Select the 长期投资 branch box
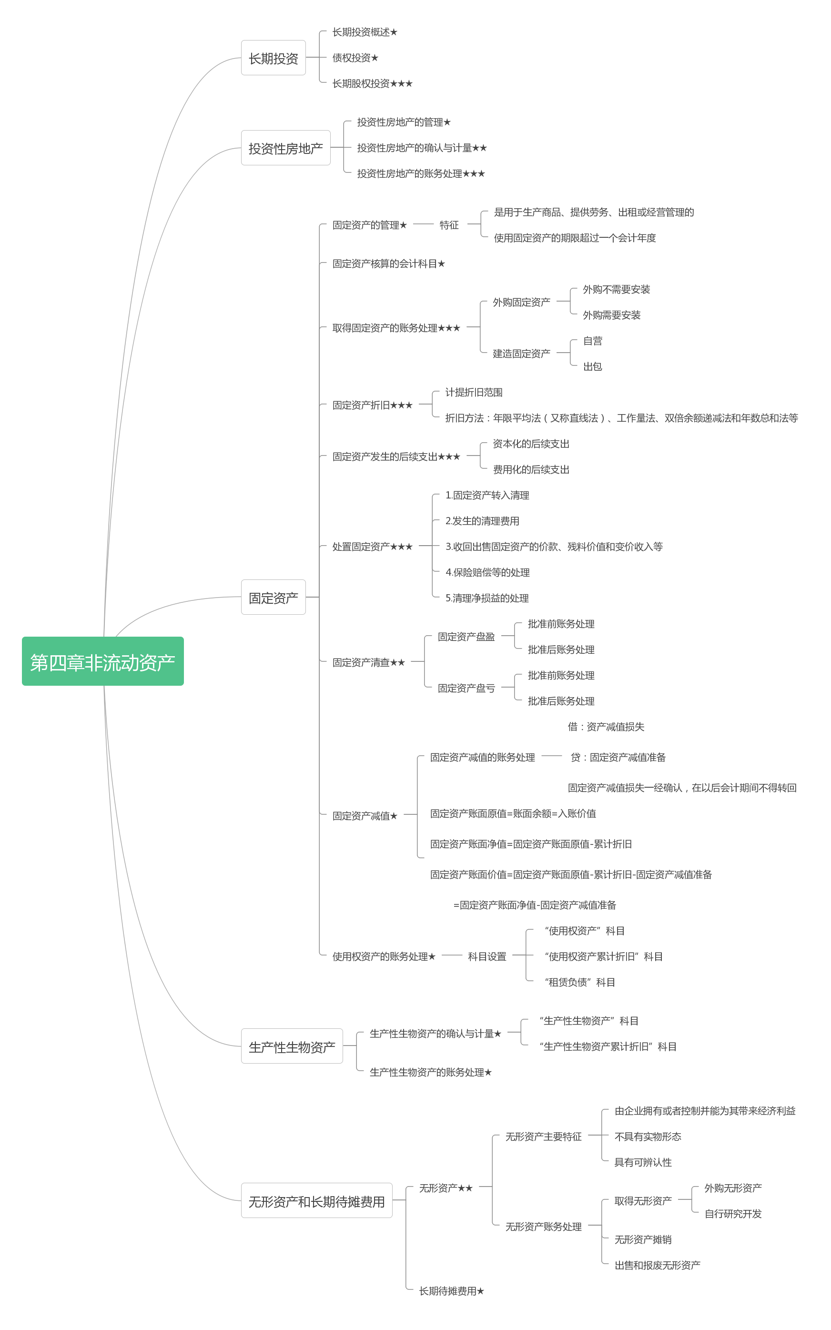[273, 58]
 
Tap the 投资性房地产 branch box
[285, 148]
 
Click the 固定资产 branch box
[273, 598]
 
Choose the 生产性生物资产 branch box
[292, 1047]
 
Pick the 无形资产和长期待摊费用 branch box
[316, 1201]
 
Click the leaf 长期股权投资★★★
[372, 83]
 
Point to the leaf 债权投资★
[355, 58]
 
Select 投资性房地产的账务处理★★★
[420, 173]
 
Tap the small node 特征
[448, 225]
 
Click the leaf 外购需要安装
[611, 315]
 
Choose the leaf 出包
[592, 366]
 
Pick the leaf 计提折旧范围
[473, 392]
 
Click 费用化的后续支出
[530, 469]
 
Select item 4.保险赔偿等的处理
[487, 572]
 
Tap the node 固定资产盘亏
[466, 688]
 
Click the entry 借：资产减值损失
[606, 727]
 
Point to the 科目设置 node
[487, 956]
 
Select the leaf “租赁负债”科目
[579, 982]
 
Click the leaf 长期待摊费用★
[451, 1291]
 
